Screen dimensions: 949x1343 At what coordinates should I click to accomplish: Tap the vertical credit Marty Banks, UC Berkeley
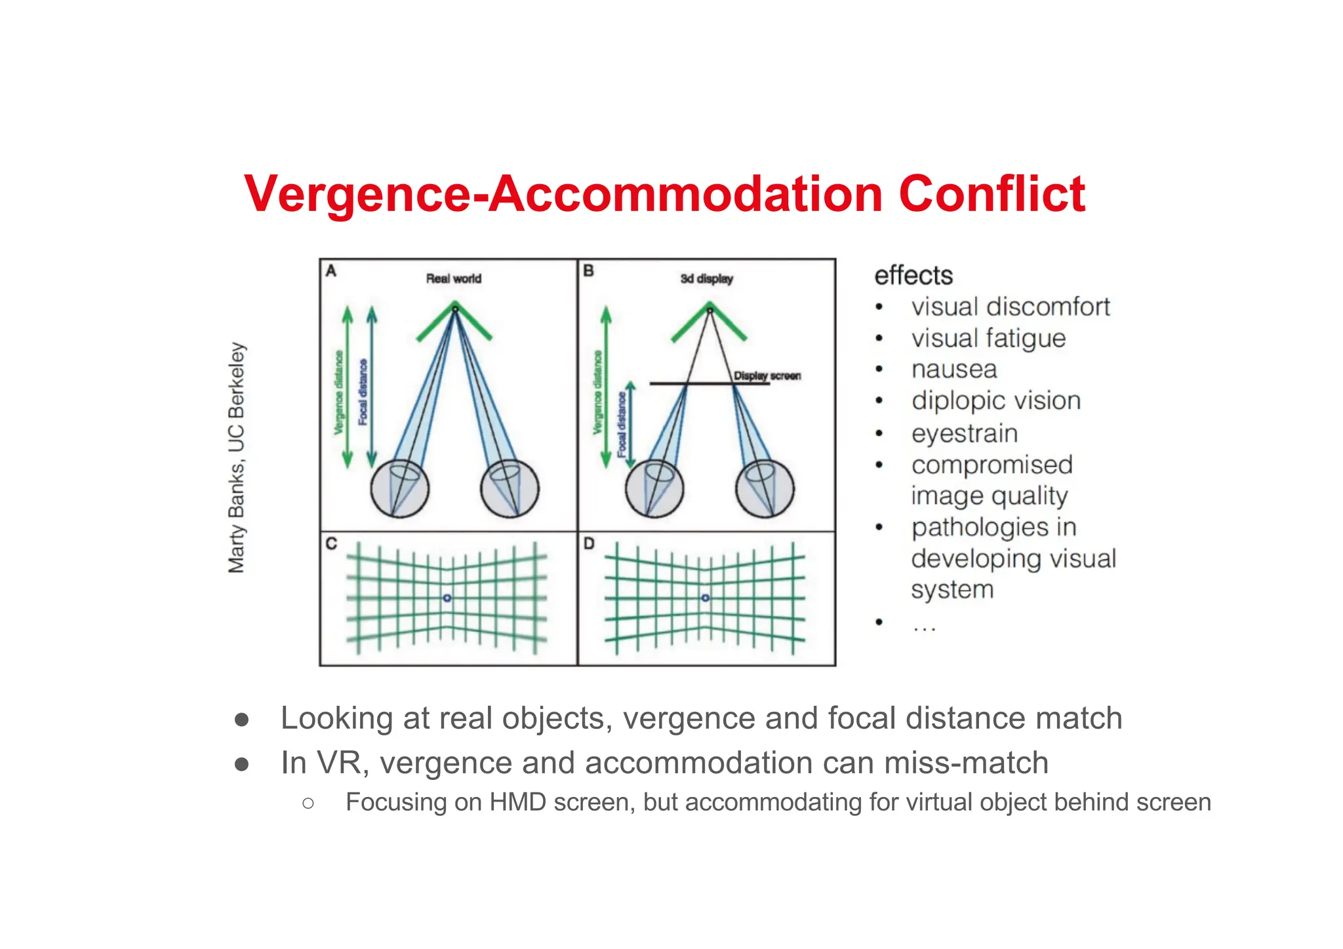point(236,457)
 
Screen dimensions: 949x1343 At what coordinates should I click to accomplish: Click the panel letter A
point(331,271)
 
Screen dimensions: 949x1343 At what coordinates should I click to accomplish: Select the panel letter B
point(588,271)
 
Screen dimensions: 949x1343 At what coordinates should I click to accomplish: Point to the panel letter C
point(331,543)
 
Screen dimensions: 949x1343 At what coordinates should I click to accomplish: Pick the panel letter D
point(589,543)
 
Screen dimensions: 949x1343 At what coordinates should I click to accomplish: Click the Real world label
point(454,279)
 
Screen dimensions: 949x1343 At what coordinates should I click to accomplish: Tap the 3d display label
point(706,279)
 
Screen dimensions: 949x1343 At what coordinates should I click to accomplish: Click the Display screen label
point(767,376)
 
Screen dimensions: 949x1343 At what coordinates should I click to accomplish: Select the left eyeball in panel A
point(400,489)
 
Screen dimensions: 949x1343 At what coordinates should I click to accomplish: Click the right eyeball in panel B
point(765,489)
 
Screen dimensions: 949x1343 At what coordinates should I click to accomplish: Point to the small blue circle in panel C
point(447,598)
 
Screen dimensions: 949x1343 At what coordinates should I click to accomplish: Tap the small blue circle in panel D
point(706,598)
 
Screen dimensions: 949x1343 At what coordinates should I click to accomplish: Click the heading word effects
point(913,276)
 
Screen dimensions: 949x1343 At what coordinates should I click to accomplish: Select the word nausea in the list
point(954,370)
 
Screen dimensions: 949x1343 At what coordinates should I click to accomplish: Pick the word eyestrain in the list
point(965,433)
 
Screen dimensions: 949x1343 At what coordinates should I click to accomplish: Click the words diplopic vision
point(996,401)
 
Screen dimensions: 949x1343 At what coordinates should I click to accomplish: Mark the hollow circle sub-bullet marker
point(309,803)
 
